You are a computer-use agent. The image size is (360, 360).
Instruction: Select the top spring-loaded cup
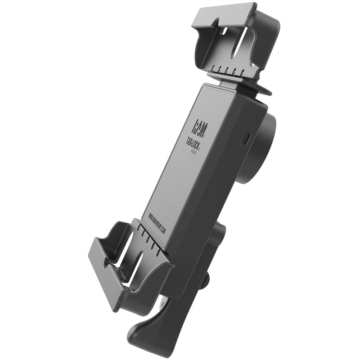pos(234,40)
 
